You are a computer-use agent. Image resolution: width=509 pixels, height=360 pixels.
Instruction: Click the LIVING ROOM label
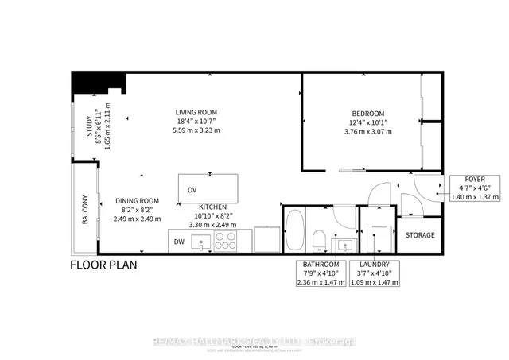[196, 112]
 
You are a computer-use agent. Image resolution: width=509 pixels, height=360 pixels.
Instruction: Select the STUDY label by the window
[89, 128]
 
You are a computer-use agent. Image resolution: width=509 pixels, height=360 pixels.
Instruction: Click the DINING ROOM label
[137, 200]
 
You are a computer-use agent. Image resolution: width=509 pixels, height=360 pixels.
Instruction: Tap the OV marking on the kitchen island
[192, 190]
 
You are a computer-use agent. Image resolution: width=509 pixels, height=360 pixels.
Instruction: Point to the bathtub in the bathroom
[293, 230]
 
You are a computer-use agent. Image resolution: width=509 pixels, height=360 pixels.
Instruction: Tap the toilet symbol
[318, 240]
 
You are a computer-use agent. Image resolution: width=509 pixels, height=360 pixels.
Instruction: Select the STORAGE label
[420, 235]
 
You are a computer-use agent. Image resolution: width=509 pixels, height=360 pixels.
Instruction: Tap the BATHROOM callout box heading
[320, 264]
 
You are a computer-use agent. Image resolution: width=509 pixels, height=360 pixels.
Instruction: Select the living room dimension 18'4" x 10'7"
[196, 122]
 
